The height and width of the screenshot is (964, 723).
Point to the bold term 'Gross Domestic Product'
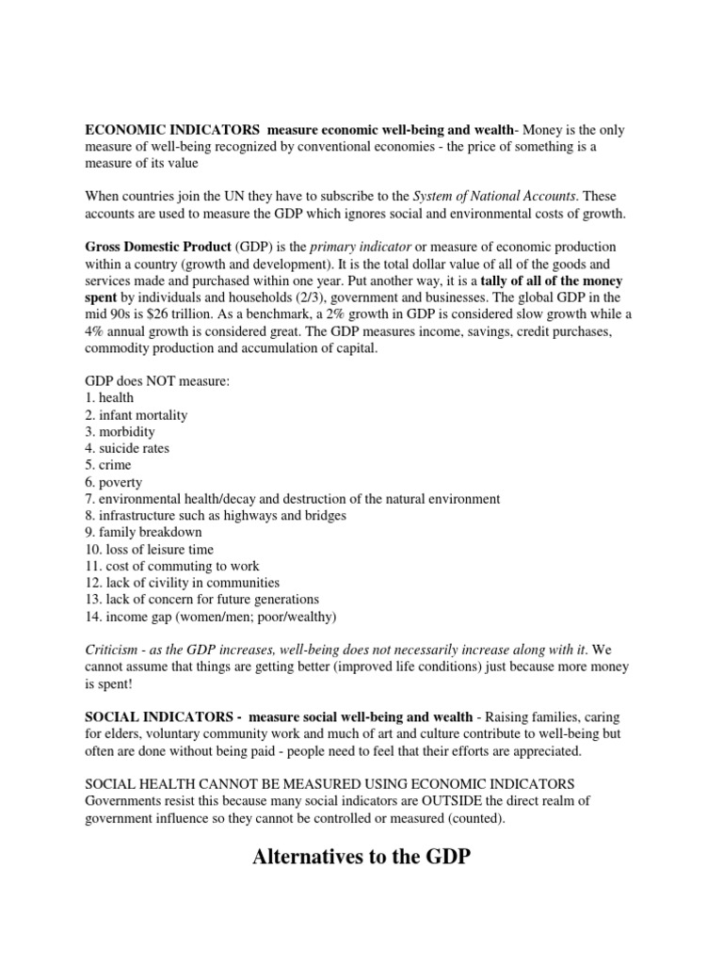click(x=157, y=247)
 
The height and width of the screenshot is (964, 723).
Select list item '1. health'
click(x=109, y=397)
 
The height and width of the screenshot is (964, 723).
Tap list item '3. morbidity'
click(x=120, y=431)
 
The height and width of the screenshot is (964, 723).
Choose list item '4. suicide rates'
click(x=127, y=448)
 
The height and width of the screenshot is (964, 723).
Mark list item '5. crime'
click(x=108, y=465)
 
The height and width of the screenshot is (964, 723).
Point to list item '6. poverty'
click(x=113, y=482)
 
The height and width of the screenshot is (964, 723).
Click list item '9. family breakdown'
click(x=143, y=532)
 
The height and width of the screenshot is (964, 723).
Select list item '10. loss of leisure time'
click(x=149, y=549)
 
